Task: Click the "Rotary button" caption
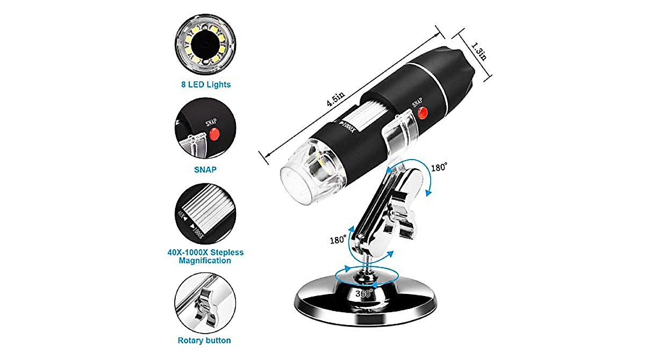204,340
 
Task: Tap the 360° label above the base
363,294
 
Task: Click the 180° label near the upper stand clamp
439,167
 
